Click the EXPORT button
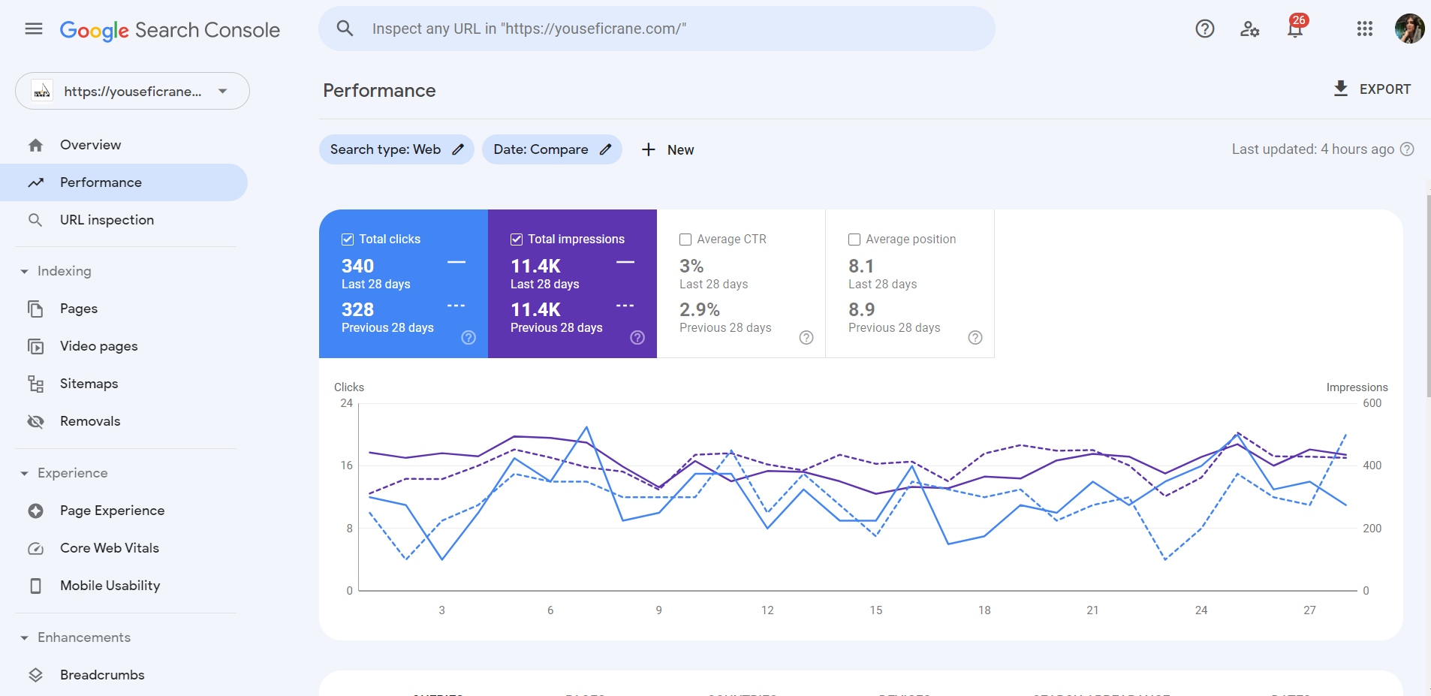click(x=1372, y=89)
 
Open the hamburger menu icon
click(x=34, y=29)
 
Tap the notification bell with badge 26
click(x=1295, y=29)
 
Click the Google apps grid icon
click(x=1364, y=29)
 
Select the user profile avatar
click(x=1409, y=29)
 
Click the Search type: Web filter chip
click(x=396, y=149)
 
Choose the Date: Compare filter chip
click(x=551, y=149)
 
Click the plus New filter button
click(x=667, y=149)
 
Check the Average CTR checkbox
click(x=685, y=240)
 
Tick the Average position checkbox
click(x=854, y=240)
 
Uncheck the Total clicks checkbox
click(x=348, y=240)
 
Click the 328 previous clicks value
click(x=357, y=309)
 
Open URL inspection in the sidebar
click(x=107, y=220)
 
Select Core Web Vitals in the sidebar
click(x=110, y=548)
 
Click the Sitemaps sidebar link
click(x=89, y=384)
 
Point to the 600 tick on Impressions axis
click(x=1372, y=403)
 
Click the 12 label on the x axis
click(x=767, y=610)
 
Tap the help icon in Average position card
click(x=975, y=338)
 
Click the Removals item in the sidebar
click(x=90, y=421)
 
